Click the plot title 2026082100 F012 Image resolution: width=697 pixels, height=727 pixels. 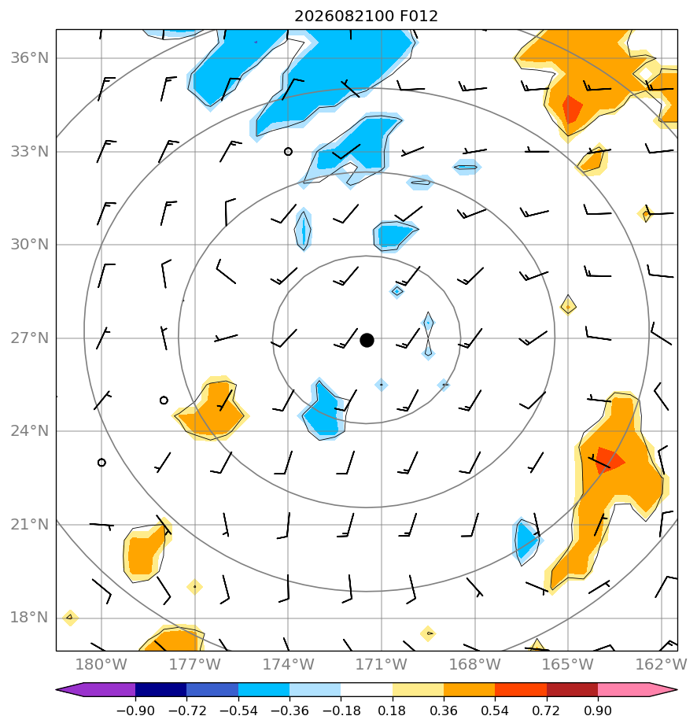point(366,17)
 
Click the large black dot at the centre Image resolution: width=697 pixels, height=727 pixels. point(367,341)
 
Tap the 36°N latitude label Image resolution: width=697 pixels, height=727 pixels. point(30,58)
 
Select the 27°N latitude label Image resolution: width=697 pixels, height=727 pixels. point(30,338)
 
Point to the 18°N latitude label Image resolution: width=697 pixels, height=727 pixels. point(30,618)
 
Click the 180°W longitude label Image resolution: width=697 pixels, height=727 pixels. point(101,664)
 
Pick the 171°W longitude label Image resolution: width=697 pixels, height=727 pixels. point(381,664)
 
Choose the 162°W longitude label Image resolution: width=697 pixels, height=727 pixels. point(662,664)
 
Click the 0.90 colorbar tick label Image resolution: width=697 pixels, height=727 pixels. point(598,710)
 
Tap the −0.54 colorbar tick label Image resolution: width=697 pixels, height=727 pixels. point(238,710)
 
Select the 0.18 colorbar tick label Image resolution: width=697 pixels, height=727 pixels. point(392,710)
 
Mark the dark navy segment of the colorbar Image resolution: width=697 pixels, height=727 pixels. point(160,689)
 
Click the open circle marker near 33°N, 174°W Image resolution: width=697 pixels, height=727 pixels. point(288,152)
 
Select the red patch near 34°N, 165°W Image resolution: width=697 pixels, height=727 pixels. point(572,108)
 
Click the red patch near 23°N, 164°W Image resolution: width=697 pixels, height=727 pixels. point(608,460)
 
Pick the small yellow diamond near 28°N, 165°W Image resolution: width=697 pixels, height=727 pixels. point(568,307)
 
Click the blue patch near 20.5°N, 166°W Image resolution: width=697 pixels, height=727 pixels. point(526,541)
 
